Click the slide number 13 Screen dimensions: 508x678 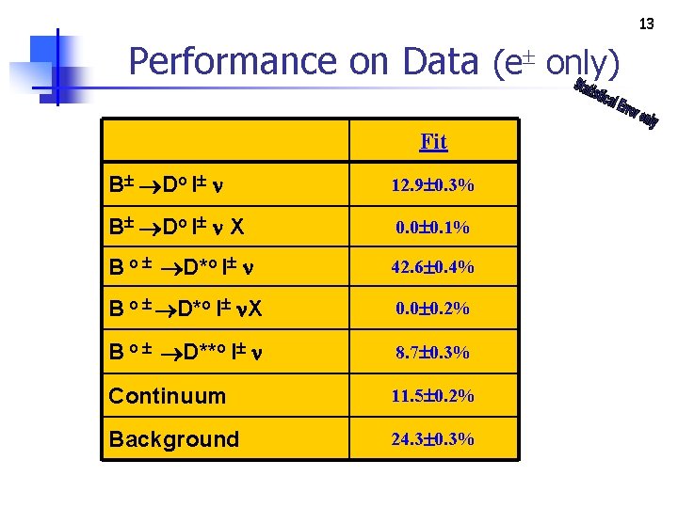coord(646,23)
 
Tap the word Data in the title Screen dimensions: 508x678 coord(440,61)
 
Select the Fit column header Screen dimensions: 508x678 coord(433,141)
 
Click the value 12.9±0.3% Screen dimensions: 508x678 coord(433,185)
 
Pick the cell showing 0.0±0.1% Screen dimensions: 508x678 coord(433,227)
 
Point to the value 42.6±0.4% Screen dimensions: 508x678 coord(433,267)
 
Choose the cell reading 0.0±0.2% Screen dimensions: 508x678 coord(433,309)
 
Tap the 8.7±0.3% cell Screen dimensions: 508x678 coord(433,352)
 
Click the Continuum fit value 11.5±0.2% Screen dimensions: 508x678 coord(433,396)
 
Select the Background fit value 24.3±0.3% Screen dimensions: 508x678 coord(433,438)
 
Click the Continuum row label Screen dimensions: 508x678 coord(168,396)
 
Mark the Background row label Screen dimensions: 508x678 coord(174,439)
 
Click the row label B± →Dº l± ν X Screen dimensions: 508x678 coord(177,227)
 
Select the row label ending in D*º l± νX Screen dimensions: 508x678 coord(185,310)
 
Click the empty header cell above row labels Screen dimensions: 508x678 coord(225,141)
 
